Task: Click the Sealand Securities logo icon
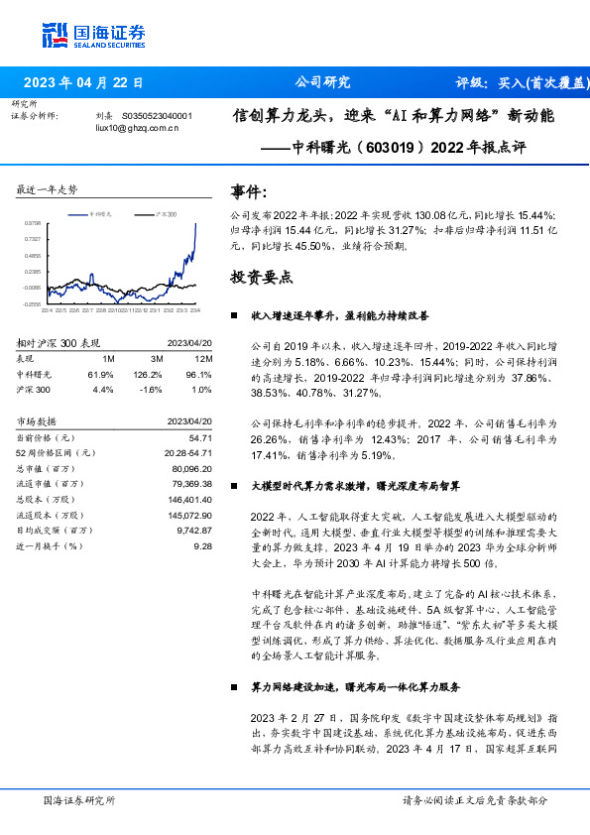56,35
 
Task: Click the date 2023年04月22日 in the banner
82,83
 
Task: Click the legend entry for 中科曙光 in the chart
99,213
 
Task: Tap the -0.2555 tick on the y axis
33,304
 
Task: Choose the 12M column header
204,358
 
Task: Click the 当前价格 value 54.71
200,437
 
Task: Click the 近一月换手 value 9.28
202,545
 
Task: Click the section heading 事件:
248,190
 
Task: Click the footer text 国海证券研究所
79,799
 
